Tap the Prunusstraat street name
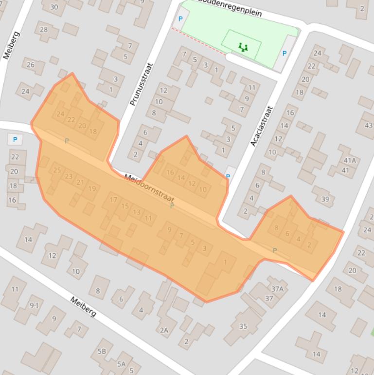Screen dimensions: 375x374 (x=142, y=84)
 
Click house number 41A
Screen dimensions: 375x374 (x=349, y=161)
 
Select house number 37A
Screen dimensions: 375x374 (x=277, y=289)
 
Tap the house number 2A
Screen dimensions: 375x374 (x=164, y=330)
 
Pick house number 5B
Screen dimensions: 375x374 (x=102, y=351)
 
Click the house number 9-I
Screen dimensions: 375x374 (x=34, y=305)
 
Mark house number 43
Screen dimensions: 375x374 (x=368, y=125)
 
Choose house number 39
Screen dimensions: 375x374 (x=325, y=199)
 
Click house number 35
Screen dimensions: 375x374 (x=243, y=326)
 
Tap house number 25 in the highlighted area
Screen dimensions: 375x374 (x=57, y=170)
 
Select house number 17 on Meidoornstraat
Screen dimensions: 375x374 (x=113, y=200)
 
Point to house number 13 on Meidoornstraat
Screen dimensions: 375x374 (x=137, y=212)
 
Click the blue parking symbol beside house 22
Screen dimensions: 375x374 (x=15, y=140)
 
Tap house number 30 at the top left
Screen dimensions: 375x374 (x=54, y=7)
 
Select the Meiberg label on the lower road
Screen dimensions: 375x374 (x=83, y=307)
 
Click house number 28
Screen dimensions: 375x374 (x=44, y=29)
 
